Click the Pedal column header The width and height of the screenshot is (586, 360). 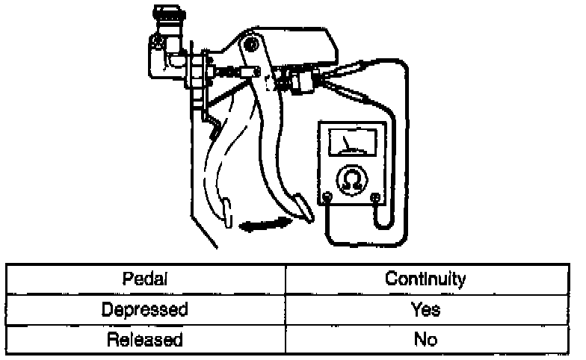point(145,279)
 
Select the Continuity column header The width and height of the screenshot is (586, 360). point(425,279)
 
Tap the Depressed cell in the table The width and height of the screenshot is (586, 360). point(145,309)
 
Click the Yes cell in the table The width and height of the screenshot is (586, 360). point(425,309)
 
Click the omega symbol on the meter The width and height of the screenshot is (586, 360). point(351,179)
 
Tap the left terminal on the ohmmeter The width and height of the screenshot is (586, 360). point(327,198)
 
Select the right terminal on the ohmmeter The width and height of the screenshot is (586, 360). point(375,198)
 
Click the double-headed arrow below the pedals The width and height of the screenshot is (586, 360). point(264,225)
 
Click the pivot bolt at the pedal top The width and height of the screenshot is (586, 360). point(251,46)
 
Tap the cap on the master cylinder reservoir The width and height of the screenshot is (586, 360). point(167,13)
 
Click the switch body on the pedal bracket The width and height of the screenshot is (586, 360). point(300,81)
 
